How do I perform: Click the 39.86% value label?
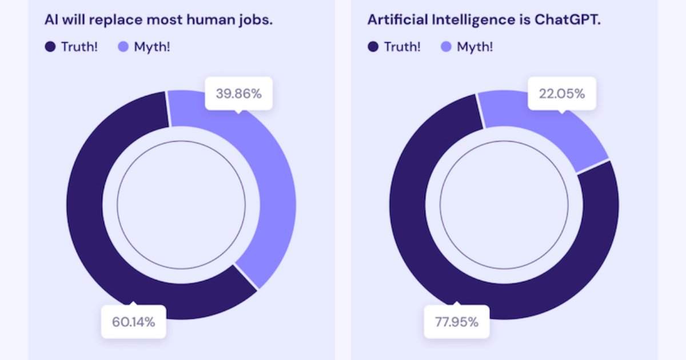238,94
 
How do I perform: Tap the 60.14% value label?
133,322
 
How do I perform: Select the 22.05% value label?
561,94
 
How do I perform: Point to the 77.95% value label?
456,322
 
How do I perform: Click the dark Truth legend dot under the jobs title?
50,47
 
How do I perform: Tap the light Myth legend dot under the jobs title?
123,47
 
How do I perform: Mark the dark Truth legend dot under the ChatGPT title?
373,47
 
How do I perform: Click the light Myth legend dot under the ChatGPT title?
446,47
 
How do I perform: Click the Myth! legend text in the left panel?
151,47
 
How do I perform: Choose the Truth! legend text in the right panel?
402,47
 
